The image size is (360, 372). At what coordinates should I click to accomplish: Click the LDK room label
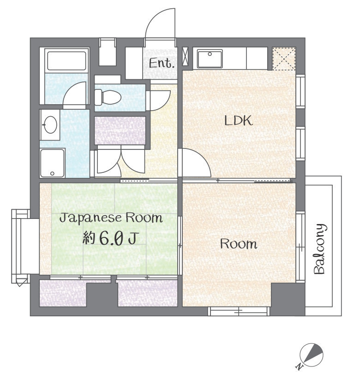click(x=239, y=120)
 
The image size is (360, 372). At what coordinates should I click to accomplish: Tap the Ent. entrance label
click(x=162, y=63)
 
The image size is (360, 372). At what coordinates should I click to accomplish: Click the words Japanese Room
click(x=111, y=218)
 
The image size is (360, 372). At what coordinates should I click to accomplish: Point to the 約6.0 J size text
click(x=110, y=238)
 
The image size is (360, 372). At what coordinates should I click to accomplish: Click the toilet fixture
click(x=108, y=97)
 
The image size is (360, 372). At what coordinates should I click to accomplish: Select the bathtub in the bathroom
click(x=67, y=61)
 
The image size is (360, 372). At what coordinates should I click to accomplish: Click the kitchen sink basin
click(x=210, y=59)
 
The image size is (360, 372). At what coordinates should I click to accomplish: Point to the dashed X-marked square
click(x=284, y=59)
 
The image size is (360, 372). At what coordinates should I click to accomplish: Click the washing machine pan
click(x=53, y=163)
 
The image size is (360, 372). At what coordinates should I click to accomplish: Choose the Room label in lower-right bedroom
click(x=239, y=244)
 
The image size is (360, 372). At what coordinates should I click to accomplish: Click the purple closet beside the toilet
click(x=120, y=130)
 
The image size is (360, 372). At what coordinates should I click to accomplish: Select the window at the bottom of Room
click(x=239, y=311)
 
